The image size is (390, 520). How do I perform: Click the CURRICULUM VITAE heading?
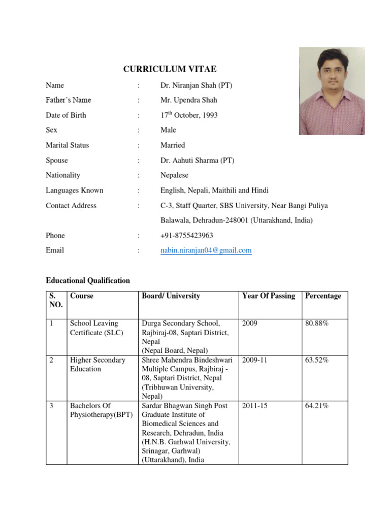tap(166, 69)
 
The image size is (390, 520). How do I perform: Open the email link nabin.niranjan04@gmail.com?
tap(206, 250)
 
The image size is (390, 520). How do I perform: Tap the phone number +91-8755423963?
tap(186, 236)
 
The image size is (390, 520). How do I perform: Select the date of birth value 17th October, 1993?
tap(189, 115)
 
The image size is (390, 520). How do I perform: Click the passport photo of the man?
tap(332, 91)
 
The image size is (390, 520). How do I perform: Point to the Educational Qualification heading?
tap(88, 280)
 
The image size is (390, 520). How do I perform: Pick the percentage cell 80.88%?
tap(317, 323)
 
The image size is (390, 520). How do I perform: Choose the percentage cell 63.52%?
tap(317, 360)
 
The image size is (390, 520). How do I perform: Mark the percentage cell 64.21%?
tap(317, 406)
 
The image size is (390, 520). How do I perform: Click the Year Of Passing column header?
tap(269, 296)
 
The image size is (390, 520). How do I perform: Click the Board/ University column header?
tap(171, 296)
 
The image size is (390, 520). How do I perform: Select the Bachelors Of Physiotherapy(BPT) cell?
tap(101, 410)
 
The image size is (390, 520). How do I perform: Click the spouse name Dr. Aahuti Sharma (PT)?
tap(197, 160)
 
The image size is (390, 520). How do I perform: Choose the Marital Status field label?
tap(67, 145)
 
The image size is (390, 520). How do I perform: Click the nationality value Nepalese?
tap(174, 175)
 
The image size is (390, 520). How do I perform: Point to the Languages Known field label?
tap(74, 190)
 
